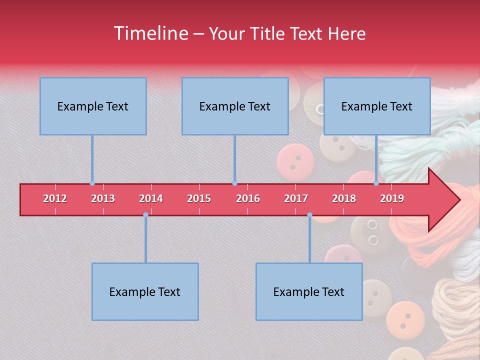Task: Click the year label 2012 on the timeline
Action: point(55,198)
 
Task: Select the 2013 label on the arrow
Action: point(103,198)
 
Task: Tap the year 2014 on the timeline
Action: point(151,198)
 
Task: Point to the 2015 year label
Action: point(199,198)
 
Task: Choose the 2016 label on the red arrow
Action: point(248,198)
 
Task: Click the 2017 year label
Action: point(296,198)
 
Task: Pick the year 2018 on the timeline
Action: point(344,198)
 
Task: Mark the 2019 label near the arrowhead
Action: point(392,198)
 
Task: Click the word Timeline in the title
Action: point(150,33)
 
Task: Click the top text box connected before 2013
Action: point(93,106)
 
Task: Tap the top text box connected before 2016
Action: point(235,106)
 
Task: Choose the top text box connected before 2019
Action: point(377,106)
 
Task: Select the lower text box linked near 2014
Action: point(145,291)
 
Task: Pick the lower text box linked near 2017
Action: point(309,291)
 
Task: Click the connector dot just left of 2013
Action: point(92,183)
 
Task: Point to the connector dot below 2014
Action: point(145,215)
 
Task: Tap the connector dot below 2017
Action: point(309,215)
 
